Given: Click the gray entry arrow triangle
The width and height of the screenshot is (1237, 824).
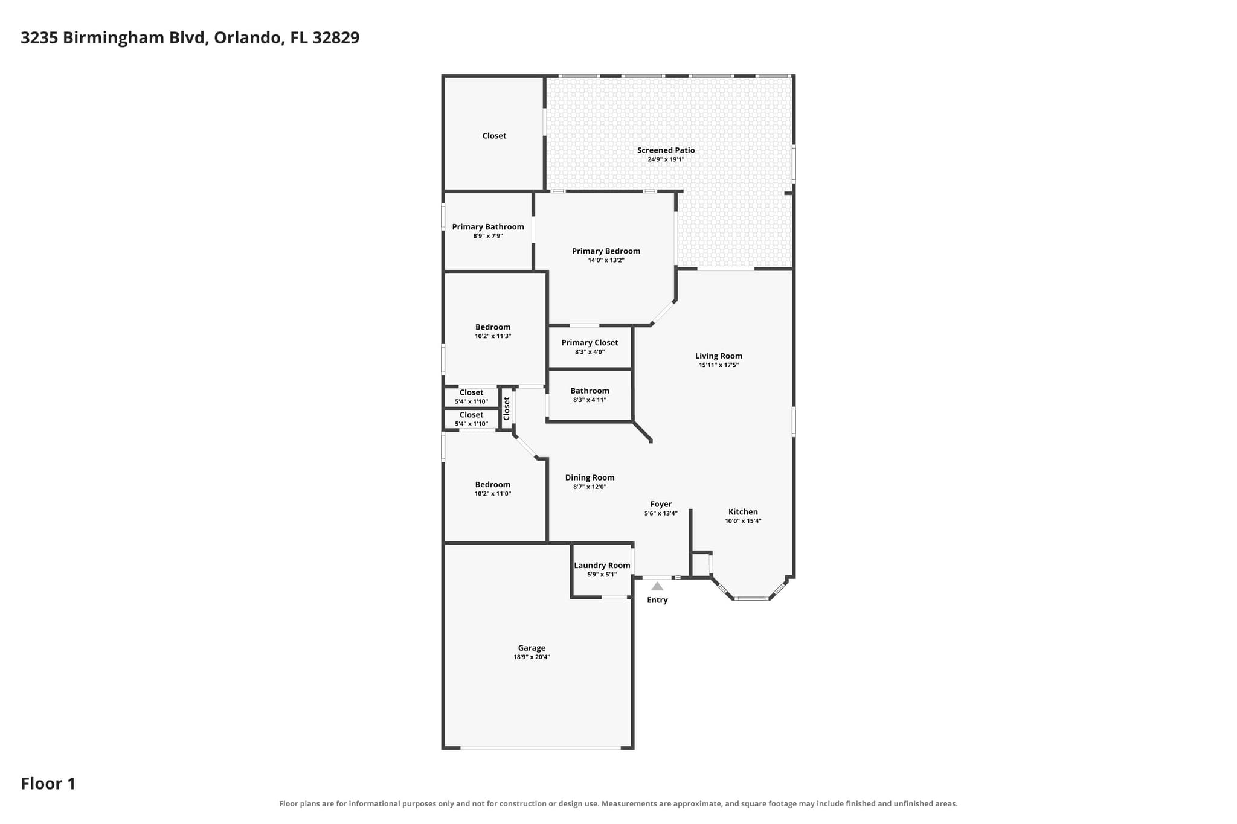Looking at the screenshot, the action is (x=657, y=586).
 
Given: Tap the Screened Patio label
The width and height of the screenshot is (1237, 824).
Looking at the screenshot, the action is (x=666, y=150).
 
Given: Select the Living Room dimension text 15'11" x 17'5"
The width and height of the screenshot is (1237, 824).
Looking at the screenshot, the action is (x=719, y=365).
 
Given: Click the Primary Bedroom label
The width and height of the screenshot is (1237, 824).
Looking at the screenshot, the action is (x=606, y=251).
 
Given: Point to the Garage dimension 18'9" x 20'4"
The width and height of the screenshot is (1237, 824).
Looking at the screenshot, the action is (x=532, y=657).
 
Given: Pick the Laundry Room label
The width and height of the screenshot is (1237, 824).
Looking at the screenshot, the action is (x=602, y=566).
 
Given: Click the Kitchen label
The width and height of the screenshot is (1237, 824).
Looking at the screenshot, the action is (x=743, y=512).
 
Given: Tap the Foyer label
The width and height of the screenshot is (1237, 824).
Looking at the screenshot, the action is (x=661, y=504).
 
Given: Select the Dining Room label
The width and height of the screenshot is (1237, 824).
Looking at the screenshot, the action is (x=590, y=477).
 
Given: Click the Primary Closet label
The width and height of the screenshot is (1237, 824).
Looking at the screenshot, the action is (x=590, y=343).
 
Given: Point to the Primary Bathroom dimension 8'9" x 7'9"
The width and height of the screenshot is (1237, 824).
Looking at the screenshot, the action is (x=488, y=236).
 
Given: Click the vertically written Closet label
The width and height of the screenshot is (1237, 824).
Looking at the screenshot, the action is (x=507, y=408).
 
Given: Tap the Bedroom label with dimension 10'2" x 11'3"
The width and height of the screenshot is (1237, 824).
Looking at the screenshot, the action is (x=493, y=327).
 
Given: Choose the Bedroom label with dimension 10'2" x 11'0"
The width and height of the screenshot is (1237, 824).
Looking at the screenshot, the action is (x=493, y=485).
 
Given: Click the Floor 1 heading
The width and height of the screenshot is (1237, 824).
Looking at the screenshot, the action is (x=48, y=784).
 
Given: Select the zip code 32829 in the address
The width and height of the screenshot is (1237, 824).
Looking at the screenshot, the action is (x=336, y=37).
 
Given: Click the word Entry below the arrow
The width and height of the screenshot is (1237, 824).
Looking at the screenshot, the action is (x=657, y=600).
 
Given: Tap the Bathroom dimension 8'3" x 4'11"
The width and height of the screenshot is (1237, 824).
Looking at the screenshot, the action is (x=590, y=400).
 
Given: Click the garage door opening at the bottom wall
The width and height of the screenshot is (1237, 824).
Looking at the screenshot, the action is (x=541, y=748).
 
